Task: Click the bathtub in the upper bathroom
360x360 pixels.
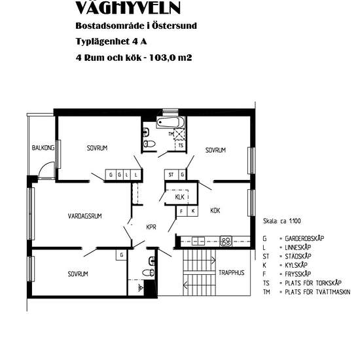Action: (x=171, y=122)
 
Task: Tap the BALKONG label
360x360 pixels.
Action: (x=43, y=148)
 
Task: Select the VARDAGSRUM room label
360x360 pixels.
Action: (x=84, y=216)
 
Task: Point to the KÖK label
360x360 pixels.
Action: (x=215, y=210)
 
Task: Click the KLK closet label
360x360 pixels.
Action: (x=179, y=197)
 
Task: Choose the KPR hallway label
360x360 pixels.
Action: (x=151, y=227)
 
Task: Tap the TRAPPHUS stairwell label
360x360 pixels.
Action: (x=232, y=273)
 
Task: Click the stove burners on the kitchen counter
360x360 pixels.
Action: (x=226, y=242)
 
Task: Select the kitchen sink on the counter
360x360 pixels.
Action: (x=198, y=241)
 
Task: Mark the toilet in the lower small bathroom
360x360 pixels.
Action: (x=148, y=272)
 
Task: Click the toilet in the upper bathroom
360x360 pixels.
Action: (x=149, y=144)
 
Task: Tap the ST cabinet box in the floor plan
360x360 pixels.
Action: (x=171, y=175)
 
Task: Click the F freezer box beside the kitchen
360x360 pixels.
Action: (x=181, y=211)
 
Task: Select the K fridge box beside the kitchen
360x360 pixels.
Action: (x=193, y=211)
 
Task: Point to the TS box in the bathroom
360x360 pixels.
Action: (x=181, y=145)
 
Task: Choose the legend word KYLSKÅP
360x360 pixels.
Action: (x=296, y=265)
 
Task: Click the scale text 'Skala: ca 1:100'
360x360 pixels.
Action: (x=281, y=221)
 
